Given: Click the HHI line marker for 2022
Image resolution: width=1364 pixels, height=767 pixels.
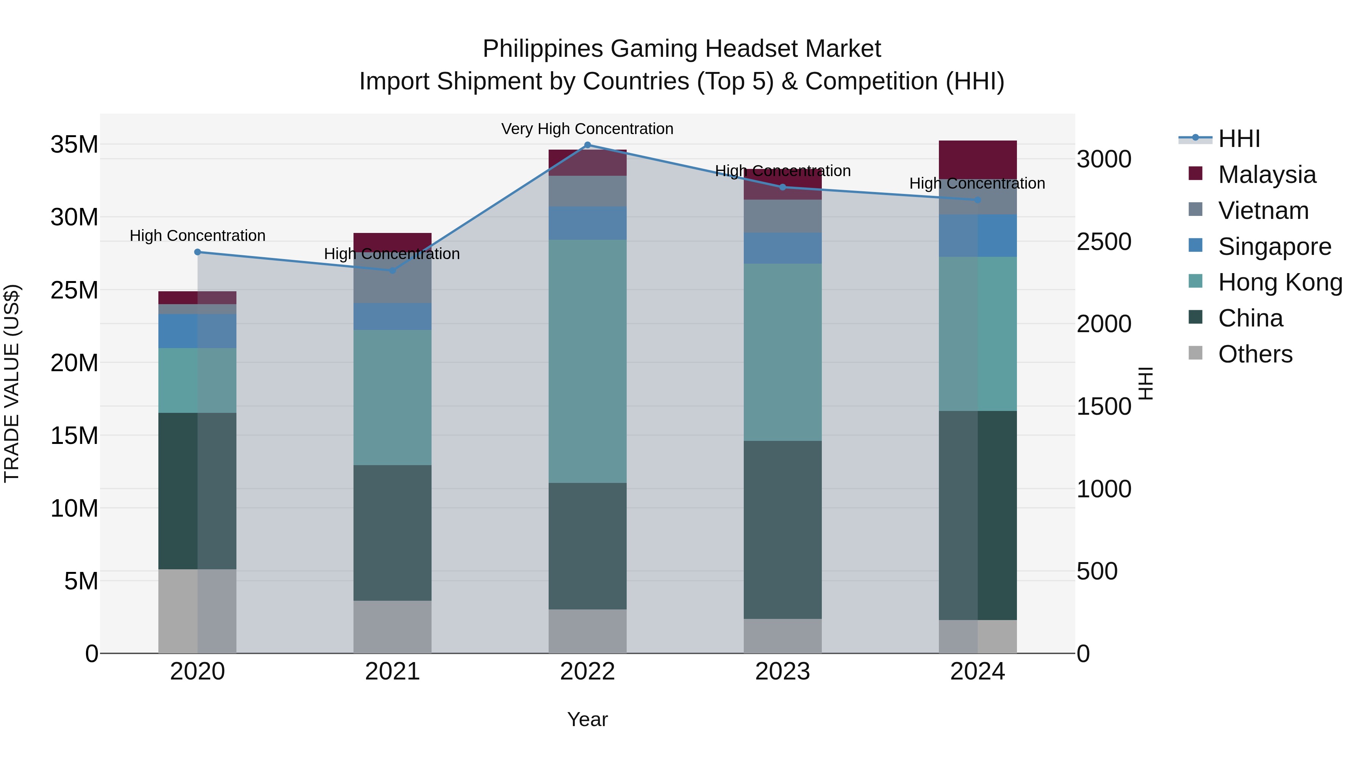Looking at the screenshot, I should point(587,145).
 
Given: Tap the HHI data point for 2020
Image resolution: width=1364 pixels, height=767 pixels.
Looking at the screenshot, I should point(197,252).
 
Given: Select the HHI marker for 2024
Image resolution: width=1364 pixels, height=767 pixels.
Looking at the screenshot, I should point(978,200).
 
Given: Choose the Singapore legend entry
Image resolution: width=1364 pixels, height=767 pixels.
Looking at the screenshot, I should point(1274,247).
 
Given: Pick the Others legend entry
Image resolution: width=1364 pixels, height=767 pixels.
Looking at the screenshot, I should point(1255,354).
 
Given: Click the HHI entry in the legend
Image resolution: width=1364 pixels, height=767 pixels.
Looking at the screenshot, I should point(1239,139).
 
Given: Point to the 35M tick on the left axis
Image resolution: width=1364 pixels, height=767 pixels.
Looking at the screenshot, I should point(74,145).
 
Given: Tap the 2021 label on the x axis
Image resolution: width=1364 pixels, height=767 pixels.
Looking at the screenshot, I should point(393,672).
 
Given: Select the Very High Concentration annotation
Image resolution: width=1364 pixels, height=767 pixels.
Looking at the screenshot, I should point(587,129).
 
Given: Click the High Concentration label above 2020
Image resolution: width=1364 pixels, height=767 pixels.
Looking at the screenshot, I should point(197,236).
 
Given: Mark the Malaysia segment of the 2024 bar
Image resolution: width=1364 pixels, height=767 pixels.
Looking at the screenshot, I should point(978,159).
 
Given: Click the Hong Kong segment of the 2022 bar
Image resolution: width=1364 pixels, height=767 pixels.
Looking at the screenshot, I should point(587,361).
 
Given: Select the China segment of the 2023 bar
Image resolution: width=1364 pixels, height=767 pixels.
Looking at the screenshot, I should point(783,530).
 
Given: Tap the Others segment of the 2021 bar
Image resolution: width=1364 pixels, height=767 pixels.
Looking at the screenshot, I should point(393,627).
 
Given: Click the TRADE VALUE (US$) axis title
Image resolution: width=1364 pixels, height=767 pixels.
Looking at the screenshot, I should point(12,383).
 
